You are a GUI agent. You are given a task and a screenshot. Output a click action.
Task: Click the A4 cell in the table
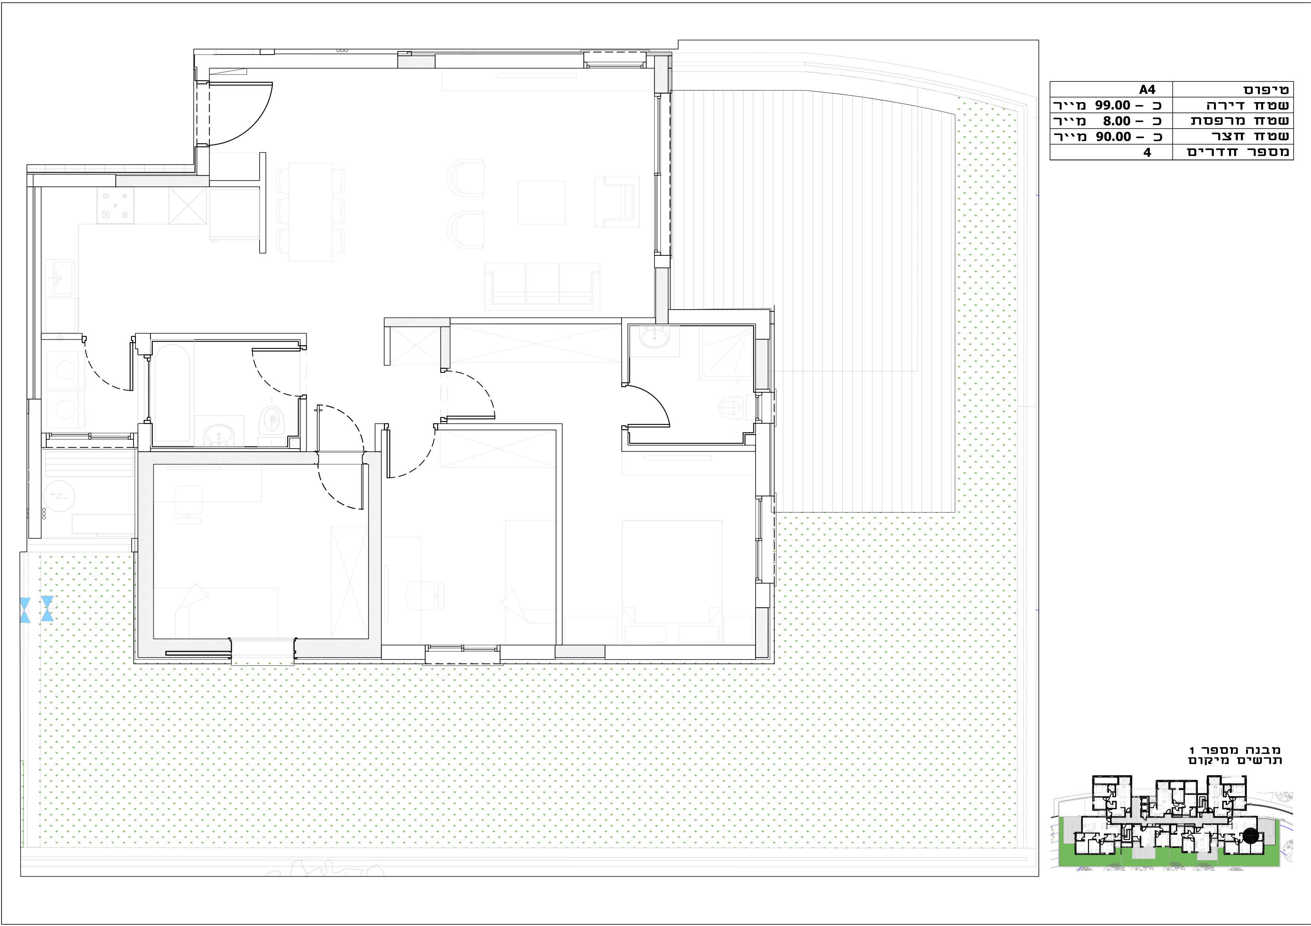[x=1147, y=89]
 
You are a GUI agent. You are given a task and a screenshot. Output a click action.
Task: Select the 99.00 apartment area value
[x=1112, y=106]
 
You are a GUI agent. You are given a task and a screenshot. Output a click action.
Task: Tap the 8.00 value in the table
[x=1116, y=121]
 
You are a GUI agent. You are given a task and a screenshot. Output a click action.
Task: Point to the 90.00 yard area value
[x=1112, y=137]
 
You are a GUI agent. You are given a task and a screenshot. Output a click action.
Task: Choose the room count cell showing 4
[x=1147, y=152]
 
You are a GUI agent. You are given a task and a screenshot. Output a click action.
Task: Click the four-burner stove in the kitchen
[x=115, y=205]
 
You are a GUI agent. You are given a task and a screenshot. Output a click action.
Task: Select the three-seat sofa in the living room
[x=542, y=286]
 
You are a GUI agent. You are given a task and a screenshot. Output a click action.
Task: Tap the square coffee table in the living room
[x=541, y=203]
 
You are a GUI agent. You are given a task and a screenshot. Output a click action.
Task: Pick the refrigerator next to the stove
[x=187, y=206]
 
